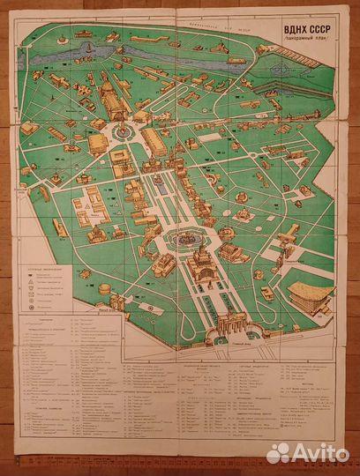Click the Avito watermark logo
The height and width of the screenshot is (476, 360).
[x=306, y=452]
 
